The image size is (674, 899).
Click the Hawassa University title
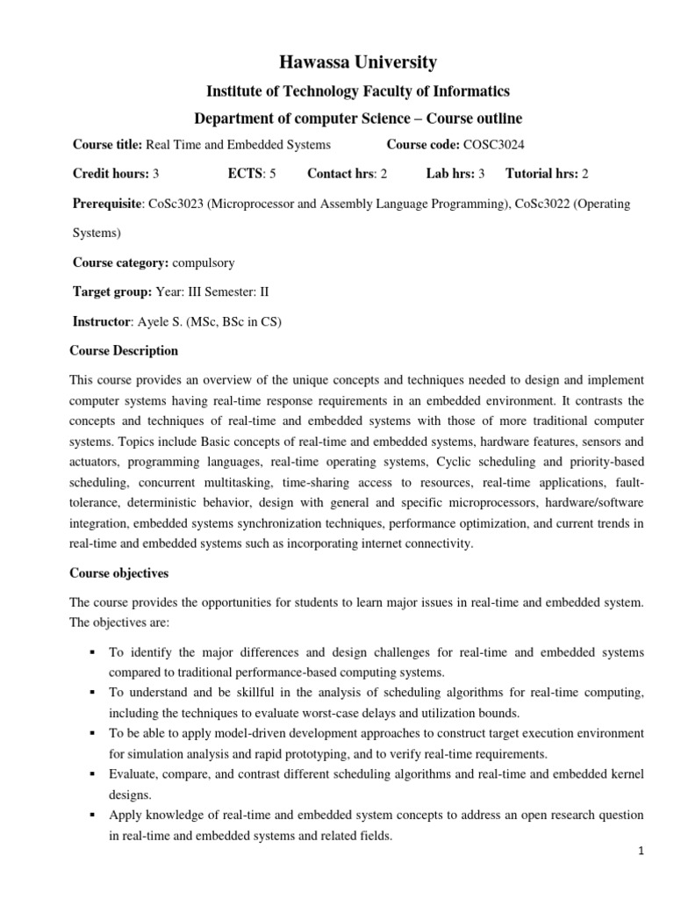344,62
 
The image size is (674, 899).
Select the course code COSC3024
493,145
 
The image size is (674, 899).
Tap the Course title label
105,145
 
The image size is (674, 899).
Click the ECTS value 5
273,174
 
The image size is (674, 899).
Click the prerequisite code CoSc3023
176,204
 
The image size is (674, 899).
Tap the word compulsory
204,263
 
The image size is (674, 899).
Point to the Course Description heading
124,350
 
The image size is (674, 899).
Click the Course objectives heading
118,573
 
